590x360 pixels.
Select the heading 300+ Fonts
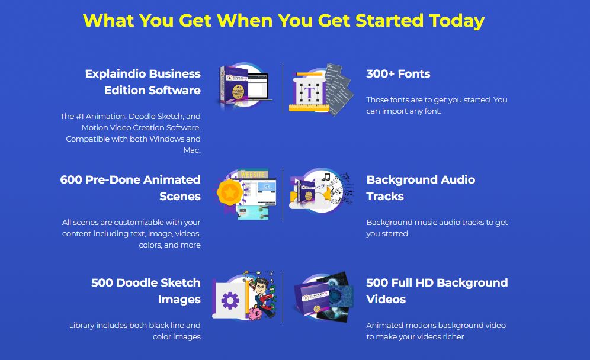[398, 74]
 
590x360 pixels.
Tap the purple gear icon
[230, 301]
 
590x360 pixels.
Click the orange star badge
[229, 192]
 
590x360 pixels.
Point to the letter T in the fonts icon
[309, 92]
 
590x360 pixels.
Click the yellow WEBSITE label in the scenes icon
[253, 175]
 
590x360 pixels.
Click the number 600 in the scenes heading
[71, 179]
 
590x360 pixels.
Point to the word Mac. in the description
[192, 150]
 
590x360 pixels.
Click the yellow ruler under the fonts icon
[309, 108]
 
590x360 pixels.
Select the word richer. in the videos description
[454, 337]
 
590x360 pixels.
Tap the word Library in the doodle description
[82, 326]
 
